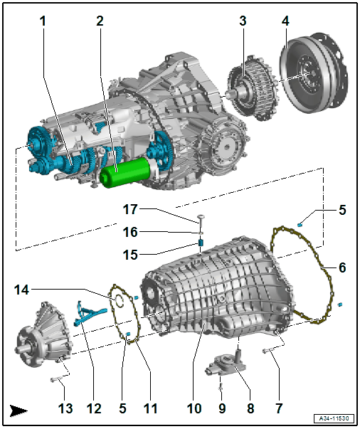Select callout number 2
(100, 21)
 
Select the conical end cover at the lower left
(44, 339)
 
